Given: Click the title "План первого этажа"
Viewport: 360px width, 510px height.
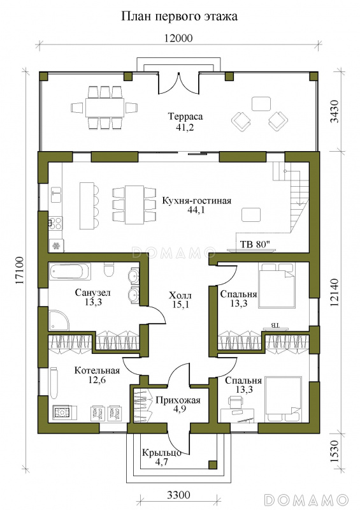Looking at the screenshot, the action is tap(179, 17).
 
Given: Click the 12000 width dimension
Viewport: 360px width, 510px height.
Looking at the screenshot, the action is tap(178, 38).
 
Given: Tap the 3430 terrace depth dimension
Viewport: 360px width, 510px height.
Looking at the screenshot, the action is tap(335, 111).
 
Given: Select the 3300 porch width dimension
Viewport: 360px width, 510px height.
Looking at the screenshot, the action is tap(178, 495).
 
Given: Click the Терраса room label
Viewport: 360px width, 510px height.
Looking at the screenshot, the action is tap(185, 116).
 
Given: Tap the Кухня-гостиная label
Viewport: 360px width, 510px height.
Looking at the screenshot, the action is tap(197, 200).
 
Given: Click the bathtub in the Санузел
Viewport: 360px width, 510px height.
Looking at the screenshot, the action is tap(70, 272).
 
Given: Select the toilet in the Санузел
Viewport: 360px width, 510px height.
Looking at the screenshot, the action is tap(108, 270).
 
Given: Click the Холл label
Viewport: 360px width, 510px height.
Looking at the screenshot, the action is tap(180, 295).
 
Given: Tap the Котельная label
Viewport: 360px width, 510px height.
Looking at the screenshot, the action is tap(97, 370).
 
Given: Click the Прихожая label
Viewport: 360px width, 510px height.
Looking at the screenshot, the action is tap(178, 400).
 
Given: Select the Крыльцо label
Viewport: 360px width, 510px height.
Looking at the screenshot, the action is tap(162, 453).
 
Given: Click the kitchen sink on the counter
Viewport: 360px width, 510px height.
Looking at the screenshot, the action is tap(56, 193).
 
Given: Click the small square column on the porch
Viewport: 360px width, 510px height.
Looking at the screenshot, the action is tap(212, 464).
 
